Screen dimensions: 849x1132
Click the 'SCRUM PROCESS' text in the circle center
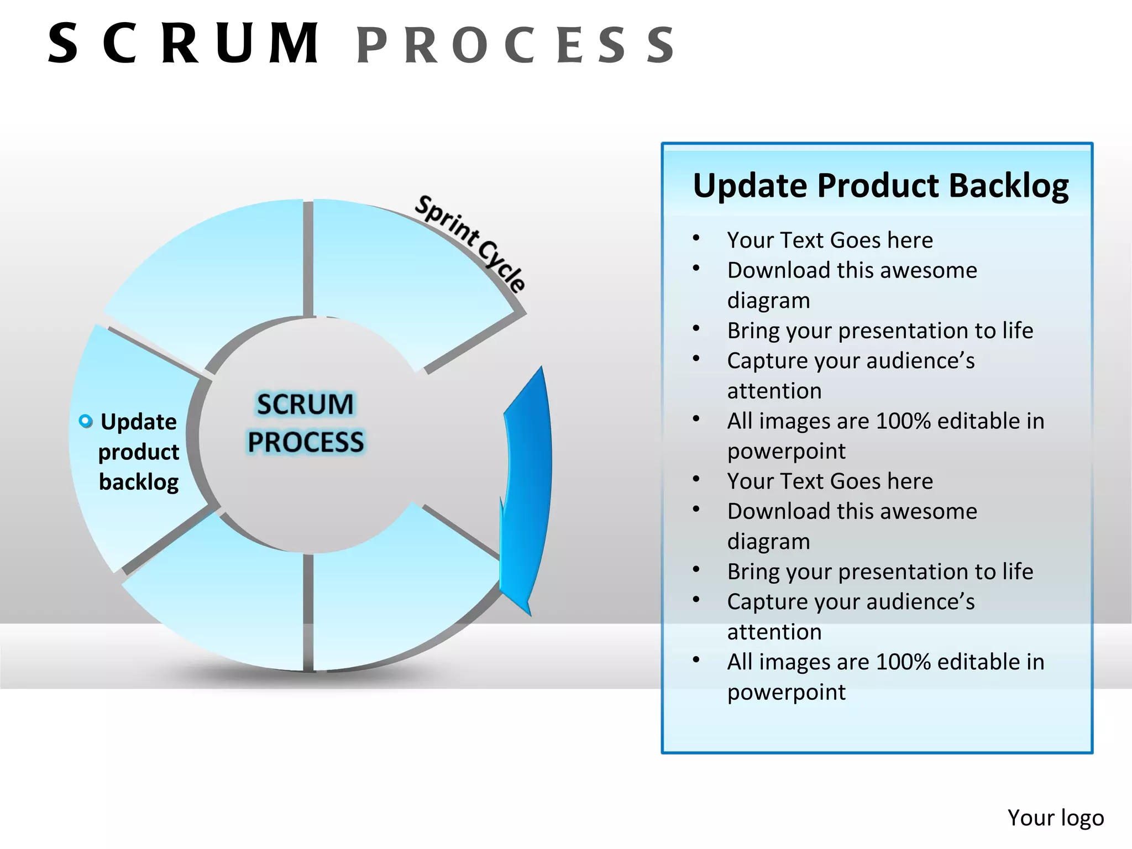click(x=305, y=423)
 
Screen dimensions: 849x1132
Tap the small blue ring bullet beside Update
click(x=86, y=421)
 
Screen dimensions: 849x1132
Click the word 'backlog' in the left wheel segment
click(x=139, y=482)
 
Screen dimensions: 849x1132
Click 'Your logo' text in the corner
click(x=1055, y=817)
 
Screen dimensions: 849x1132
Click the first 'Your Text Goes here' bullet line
click(x=830, y=240)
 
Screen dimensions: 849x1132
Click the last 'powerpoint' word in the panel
click(x=786, y=692)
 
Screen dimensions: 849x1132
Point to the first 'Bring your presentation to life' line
click(x=880, y=331)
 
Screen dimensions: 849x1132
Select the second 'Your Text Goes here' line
click(x=830, y=481)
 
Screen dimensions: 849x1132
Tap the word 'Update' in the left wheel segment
click(x=139, y=422)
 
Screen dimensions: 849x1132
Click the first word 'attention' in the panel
click(x=774, y=391)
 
